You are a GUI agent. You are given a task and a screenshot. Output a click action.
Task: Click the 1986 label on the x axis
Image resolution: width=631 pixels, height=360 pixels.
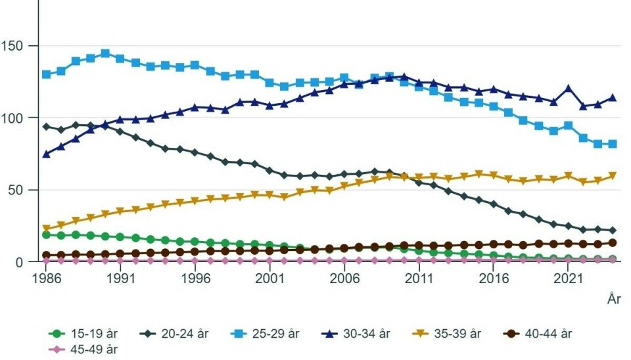coord(46,279)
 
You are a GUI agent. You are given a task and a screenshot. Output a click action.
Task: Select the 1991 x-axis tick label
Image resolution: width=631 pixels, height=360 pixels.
coord(120,279)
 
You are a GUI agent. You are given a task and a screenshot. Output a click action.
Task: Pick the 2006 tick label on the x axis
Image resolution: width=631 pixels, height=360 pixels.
coord(344,279)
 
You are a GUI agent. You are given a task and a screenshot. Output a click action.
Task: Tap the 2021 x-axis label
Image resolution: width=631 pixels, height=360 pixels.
coord(569,279)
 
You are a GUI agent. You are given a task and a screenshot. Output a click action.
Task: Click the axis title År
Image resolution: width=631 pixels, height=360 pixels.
coord(614,300)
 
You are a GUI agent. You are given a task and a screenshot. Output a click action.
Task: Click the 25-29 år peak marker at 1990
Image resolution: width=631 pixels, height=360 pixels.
coord(105,53)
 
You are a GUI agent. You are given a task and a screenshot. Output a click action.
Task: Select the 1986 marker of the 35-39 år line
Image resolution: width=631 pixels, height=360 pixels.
coord(46,229)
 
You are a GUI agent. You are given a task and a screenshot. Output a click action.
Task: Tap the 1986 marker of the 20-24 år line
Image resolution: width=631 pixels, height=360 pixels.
coord(46,127)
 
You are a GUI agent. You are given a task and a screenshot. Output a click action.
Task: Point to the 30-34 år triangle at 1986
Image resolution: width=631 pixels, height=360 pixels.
coord(46,154)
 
